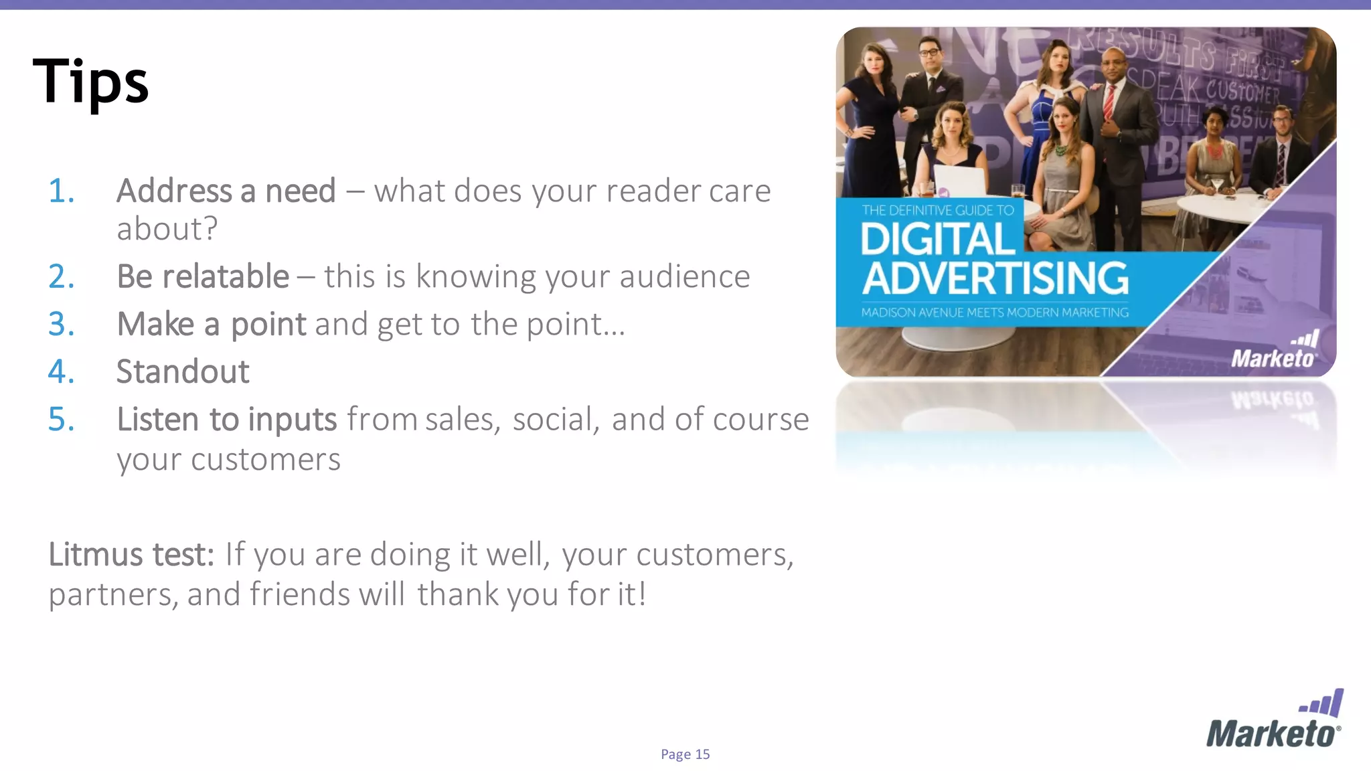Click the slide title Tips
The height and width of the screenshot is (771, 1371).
[x=90, y=82]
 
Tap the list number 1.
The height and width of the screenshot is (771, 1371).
[x=61, y=191]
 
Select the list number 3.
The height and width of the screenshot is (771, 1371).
[x=61, y=325]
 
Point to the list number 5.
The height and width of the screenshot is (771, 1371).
[x=61, y=420]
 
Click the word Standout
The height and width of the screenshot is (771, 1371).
[x=183, y=371]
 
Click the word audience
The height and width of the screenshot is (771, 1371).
[x=684, y=276]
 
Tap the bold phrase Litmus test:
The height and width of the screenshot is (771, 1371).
[x=131, y=554]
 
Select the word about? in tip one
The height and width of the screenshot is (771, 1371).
[x=167, y=229]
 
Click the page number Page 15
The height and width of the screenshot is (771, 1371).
[x=685, y=754]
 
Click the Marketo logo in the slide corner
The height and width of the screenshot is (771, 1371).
[x=1274, y=719]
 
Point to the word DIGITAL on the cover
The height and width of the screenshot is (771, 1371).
[x=937, y=239]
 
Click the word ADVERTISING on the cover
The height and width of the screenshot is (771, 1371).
[x=995, y=278]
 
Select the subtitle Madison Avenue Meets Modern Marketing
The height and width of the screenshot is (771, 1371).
[x=995, y=313]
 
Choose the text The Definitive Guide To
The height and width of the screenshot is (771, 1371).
[x=937, y=210]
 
